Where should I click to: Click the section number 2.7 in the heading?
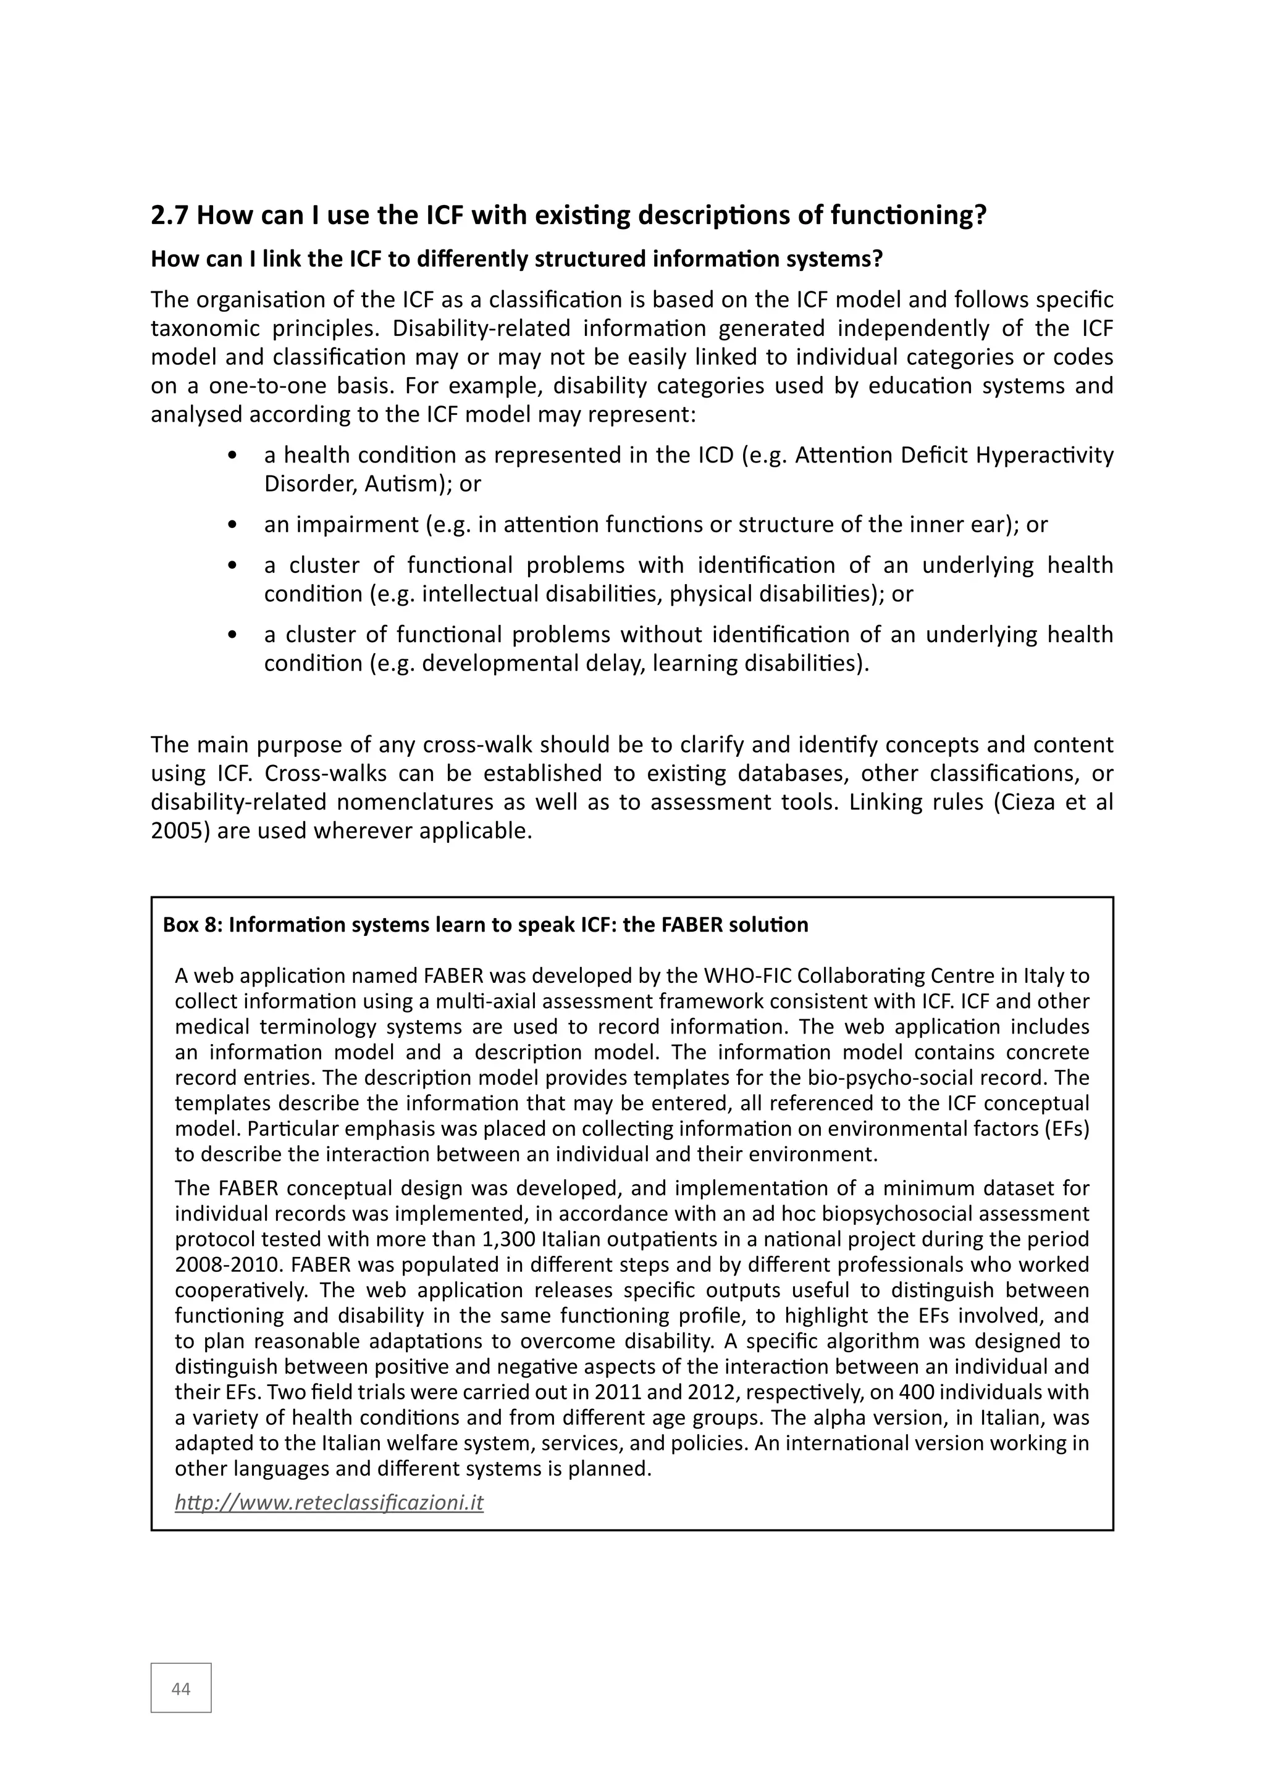(170, 215)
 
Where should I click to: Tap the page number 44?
(181, 1689)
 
